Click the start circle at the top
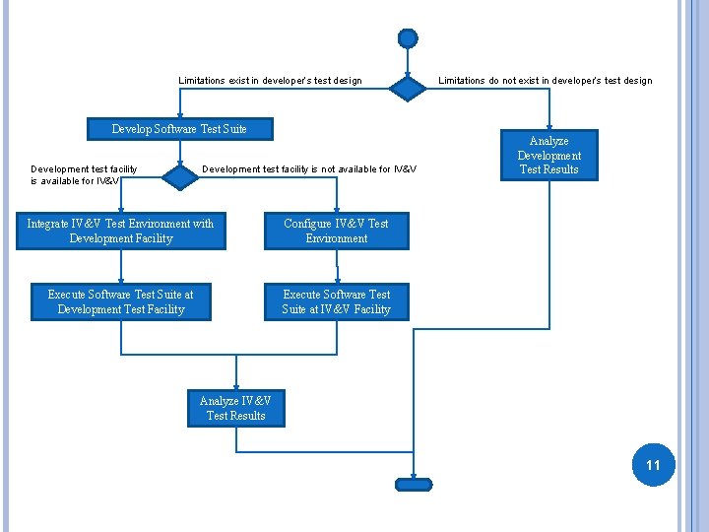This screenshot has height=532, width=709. [x=408, y=38]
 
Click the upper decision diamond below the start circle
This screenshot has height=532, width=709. [x=408, y=88]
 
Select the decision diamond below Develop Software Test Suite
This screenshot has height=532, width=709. [x=179, y=176]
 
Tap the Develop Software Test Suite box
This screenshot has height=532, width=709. [x=179, y=129]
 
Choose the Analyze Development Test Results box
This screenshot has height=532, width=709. [x=549, y=156]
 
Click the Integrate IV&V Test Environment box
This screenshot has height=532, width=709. [x=121, y=231]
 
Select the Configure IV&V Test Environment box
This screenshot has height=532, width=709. [x=337, y=231]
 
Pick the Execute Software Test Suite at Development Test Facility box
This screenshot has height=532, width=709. [x=121, y=301]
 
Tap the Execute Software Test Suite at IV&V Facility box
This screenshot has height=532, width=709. [x=337, y=301]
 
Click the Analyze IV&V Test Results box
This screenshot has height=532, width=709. [x=235, y=408]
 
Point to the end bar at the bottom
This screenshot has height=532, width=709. [x=414, y=484]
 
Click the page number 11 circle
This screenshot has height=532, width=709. [x=653, y=464]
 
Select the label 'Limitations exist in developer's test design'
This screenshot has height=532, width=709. [x=270, y=81]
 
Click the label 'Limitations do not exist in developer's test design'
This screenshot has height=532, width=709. [x=545, y=81]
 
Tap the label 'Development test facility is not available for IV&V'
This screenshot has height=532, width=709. [x=309, y=169]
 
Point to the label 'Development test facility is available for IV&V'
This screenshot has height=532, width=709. [x=84, y=175]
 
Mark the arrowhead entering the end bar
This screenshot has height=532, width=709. [x=414, y=474]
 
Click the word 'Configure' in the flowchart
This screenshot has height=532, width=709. [x=308, y=224]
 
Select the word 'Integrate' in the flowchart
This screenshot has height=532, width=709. [x=48, y=224]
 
